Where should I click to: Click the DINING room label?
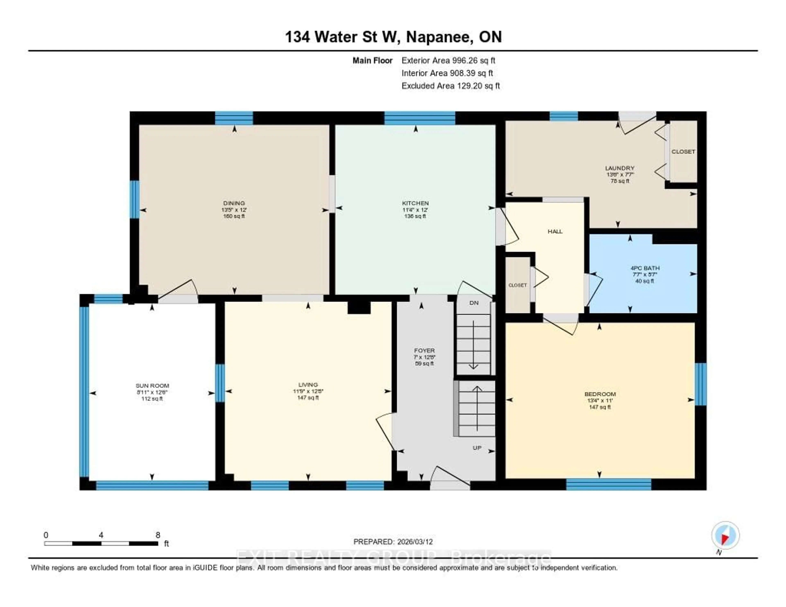click(x=234, y=203)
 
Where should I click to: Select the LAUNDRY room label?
click(x=619, y=168)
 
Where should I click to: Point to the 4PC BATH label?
click(x=645, y=268)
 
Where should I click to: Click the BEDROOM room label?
click(x=600, y=394)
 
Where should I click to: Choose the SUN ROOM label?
click(x=152, y=386)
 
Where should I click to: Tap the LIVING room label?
click(x=308, y=385)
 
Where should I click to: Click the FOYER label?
click(x=424, y=350)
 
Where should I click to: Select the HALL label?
click(x=555, y=231)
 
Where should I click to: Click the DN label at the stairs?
click(x=474, y=303)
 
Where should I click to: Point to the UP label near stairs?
click(x=477, y=448)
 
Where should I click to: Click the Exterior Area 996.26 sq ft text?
click(x=448, y=60)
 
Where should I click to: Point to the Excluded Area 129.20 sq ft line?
click(x=451, y=86)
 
